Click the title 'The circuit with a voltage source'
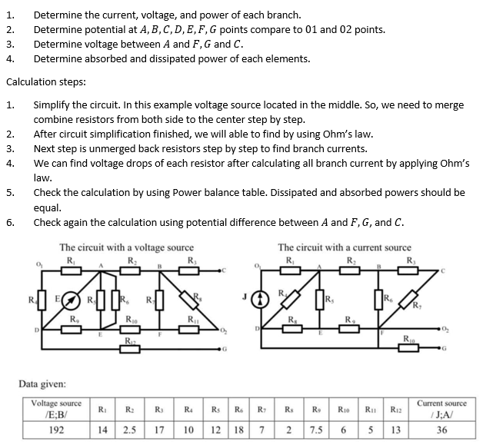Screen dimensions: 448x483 [126, 247]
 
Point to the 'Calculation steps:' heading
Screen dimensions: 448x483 [45, 81]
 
